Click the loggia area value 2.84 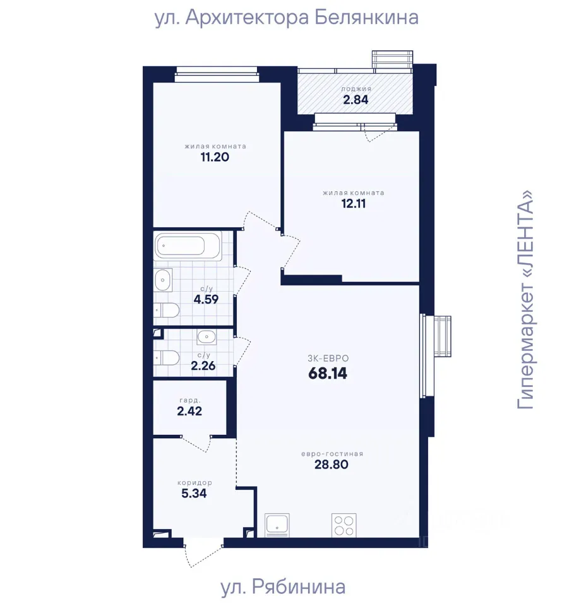pos(356,100)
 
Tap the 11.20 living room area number pos(215,157)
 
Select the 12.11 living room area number pos(353,204)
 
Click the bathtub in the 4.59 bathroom pos(188,246)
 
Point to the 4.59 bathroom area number pos(206,299)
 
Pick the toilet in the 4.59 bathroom pos(167,310)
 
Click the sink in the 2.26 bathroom pos(206,337)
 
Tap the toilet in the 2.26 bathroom pos(167,358)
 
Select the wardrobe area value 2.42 pos(189,411)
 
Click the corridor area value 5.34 pos(194,494)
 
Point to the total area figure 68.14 pos(328,374)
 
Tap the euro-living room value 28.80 pos(332,465)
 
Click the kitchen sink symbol pos(277,525)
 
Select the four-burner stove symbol pos(344,525)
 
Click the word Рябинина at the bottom pos(299,586)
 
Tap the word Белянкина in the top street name pos(366,18)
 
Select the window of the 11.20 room pos(217,74)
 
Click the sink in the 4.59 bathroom pos(163,280)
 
